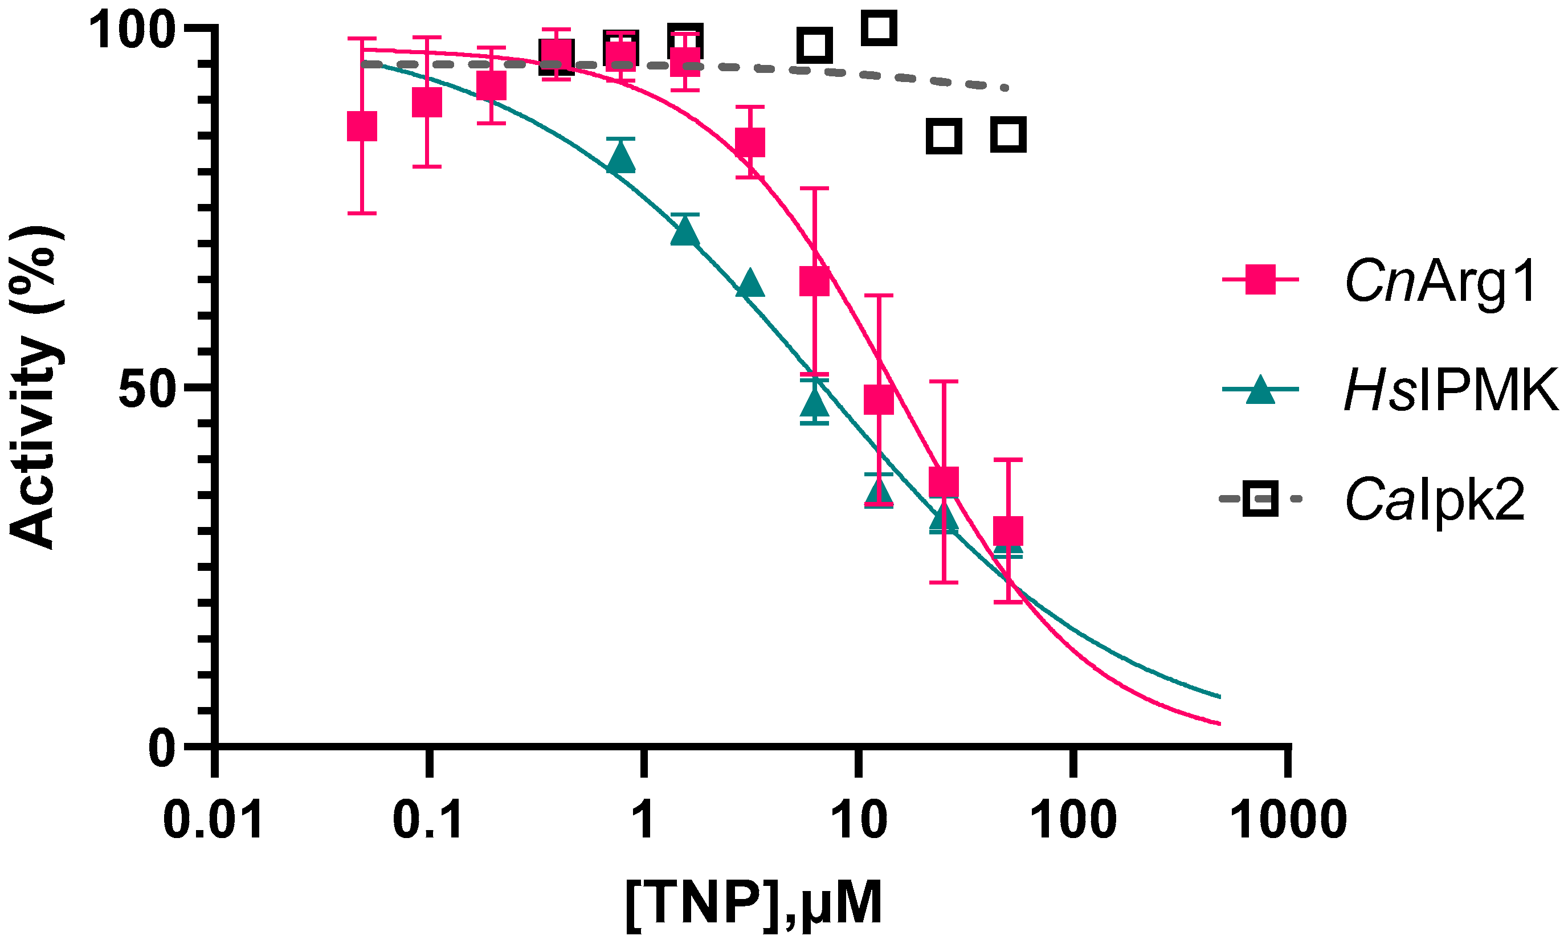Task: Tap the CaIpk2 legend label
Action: click(1436, 500)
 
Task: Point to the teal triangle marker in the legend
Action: click(1260, 389)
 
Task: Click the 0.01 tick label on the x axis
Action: click(214, 821)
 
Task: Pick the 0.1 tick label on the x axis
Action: click(428, 821)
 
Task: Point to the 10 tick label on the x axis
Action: click(860, 821)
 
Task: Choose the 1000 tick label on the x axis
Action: click(1289, 821)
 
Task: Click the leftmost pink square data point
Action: click(362, 126)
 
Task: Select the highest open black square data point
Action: click(879, 28)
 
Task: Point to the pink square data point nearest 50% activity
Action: click(879, 399)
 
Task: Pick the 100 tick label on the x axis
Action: click(1073, 821)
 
